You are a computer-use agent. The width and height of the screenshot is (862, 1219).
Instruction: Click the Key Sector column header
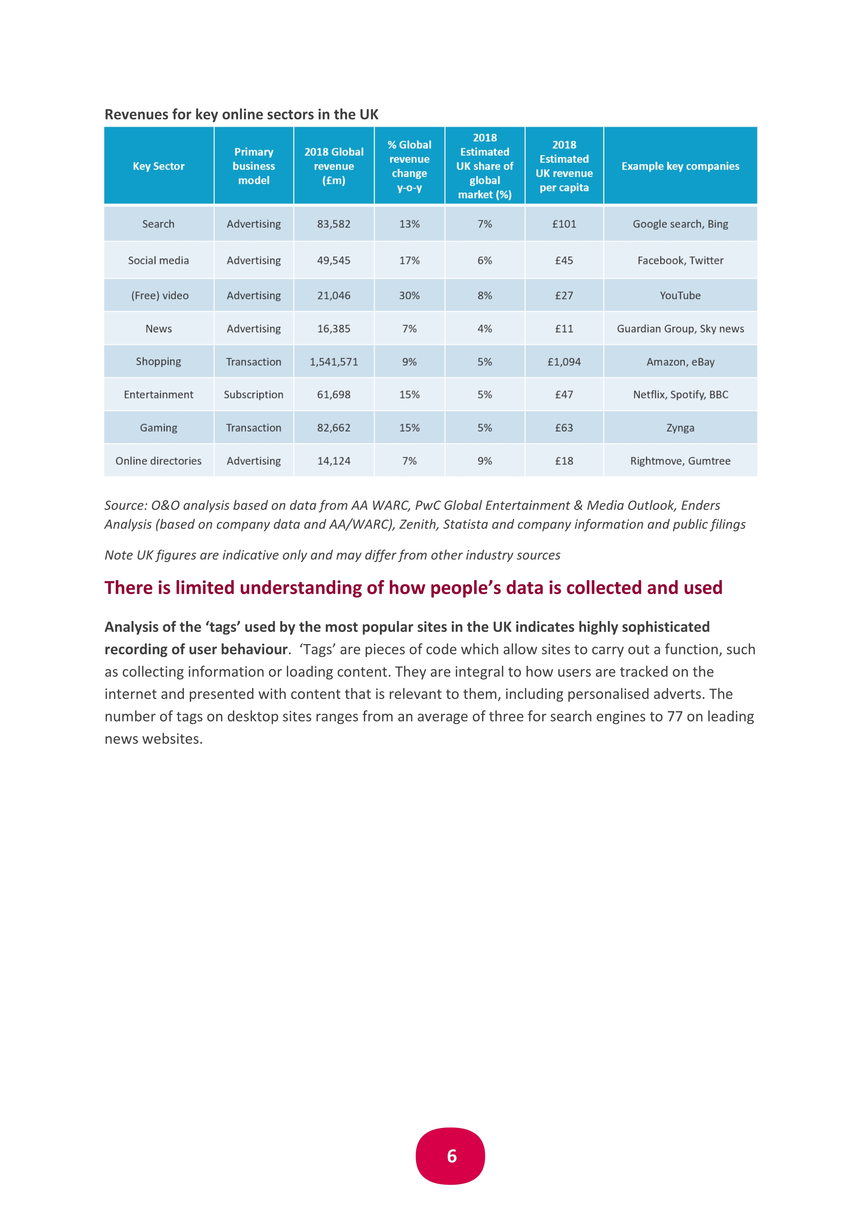[159, 166]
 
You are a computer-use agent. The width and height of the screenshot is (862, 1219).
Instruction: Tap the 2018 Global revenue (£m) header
[334, 166]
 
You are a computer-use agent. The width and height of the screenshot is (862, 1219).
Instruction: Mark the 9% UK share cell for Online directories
[485, 461]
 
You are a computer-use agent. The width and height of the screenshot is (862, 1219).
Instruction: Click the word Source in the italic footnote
[125, 505]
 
